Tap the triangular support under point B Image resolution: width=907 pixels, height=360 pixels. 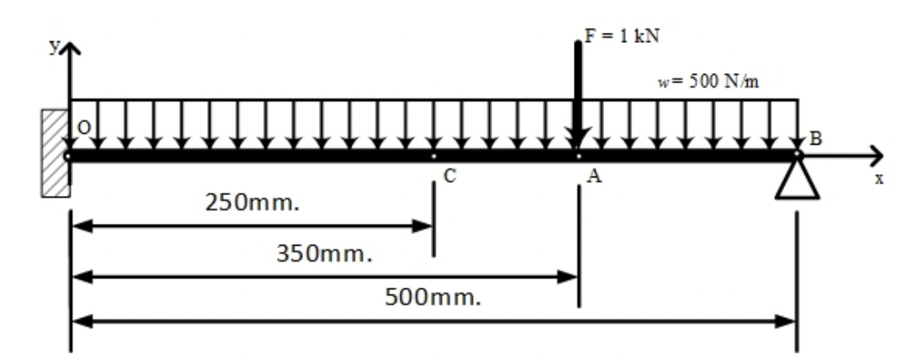797,181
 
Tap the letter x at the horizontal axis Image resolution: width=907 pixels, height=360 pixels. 878,180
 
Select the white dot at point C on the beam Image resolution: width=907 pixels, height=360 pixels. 433,156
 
